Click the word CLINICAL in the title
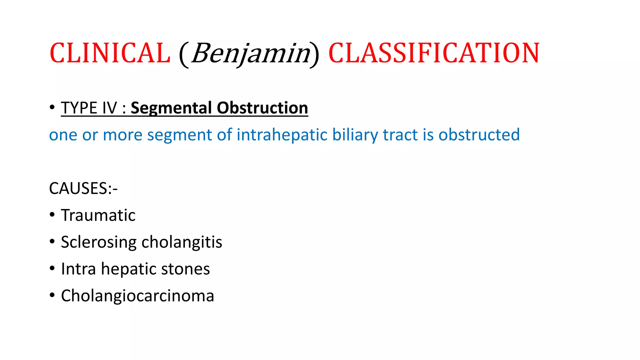(x=110, y=53)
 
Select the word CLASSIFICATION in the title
(x=434, y=53)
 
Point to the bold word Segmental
(x=171, y=108)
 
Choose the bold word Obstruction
(x=262, y=108)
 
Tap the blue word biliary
(x=355, y=135)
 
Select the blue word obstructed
(x=479, y=135)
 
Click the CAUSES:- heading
(x=83, y=189)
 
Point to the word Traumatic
(x=98, y=215)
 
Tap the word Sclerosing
(x=99, y=242)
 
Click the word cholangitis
(x=182, y=242)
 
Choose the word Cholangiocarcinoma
(x=137, y=296)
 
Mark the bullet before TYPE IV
(x=52, y=107)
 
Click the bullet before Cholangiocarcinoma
(x=52, y=295)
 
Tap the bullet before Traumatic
(x=52, y=215)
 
